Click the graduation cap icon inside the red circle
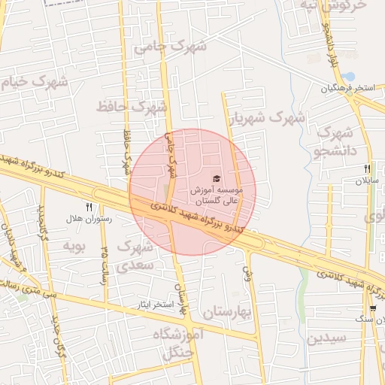(217, 178)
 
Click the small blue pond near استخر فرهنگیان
(350, 77)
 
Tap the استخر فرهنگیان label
(348, 89)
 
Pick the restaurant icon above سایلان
(368, 169)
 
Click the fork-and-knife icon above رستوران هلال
(89, 206)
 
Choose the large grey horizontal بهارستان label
(226, 310)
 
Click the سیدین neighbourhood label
(326, 337)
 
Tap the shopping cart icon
(373, 308)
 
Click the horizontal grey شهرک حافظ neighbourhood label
(131, 106)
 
